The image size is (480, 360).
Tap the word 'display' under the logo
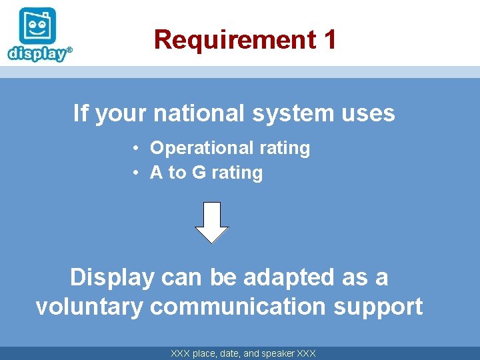pos(37,53)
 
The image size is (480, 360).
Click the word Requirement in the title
pos(234,40)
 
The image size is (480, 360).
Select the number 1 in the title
pos(329,40)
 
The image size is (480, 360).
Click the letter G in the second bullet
pos(199,173)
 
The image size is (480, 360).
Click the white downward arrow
pos(212,222)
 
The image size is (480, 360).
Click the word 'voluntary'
pos(89,307)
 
